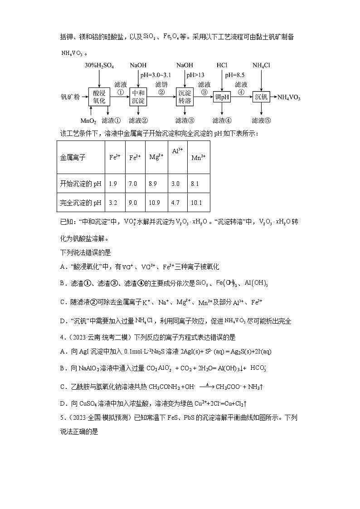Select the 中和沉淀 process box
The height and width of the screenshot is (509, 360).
pos(138,97)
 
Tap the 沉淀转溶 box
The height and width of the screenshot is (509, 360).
pos(185,97)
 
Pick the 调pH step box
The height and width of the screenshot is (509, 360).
pos(222,97)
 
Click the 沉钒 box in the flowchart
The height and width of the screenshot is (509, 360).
pos(262,97)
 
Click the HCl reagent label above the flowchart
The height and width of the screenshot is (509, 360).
pos(222,66)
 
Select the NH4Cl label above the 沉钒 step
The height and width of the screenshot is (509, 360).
pos(262,66)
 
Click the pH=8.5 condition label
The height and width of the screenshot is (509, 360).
pos(234,75)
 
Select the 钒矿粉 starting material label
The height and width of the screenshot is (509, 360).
pos(70,97)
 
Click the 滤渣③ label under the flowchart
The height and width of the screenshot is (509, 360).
pos(185,121)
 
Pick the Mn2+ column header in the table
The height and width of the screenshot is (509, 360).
pos(198,158)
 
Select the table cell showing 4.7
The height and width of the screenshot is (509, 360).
pos(176,203)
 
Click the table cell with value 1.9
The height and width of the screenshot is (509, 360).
pos(113,184)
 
